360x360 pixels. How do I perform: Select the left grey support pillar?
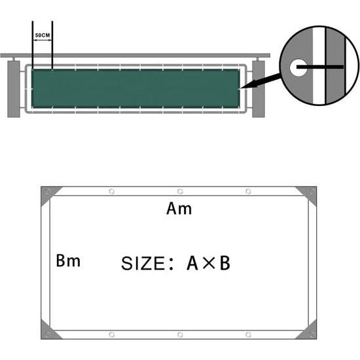[x=14, y=89]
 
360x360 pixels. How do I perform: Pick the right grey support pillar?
[x=258, y=89]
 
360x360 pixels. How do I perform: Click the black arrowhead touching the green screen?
[x=244, y=86]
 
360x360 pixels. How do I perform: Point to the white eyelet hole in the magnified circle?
[x=297, y=66]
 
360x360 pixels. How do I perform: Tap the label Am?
[x=179, y=209]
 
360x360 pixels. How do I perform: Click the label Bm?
[x=68, y=261]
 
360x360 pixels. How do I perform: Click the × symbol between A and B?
[x=208, y=264]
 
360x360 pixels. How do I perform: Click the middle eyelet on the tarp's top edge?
[x=179, y=191]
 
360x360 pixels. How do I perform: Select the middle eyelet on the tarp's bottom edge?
[x=179, y=334]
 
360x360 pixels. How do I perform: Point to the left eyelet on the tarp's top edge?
[x=111, y=191]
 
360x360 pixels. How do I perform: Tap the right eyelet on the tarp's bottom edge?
[x=248, y=334]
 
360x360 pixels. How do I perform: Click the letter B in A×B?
[x=224, y=264]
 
